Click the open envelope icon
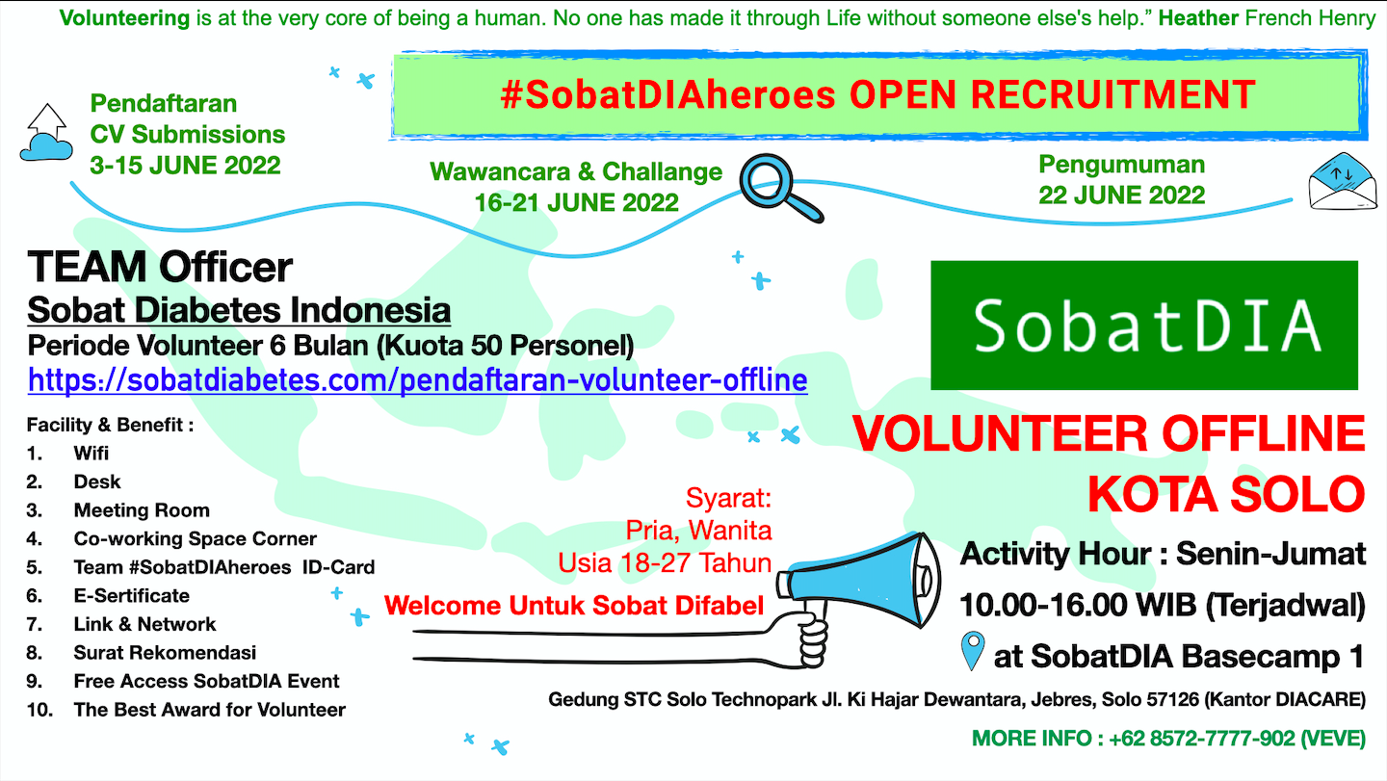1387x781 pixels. [1338, 180]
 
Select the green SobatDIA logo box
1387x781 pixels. [1144, 325]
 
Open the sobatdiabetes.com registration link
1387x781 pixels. [417, 379]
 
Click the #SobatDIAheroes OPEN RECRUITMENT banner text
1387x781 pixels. [877, 94]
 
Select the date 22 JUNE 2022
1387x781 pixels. [1121, 195]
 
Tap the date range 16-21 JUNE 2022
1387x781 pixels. [576, 202]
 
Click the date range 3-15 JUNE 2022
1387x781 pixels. [185, 165]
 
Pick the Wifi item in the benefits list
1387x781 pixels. [92, 453]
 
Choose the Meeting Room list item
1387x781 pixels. [141, 510]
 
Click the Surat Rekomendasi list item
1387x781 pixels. [165, 653]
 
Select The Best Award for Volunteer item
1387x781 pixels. [209, 710]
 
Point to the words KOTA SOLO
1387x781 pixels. [1225, 493]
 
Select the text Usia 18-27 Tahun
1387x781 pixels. [665, 562]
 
